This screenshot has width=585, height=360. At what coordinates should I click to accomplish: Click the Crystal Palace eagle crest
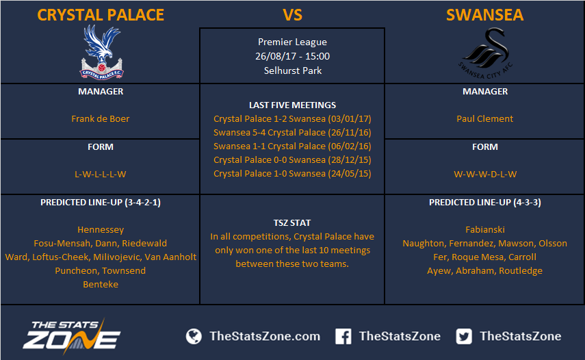point(101,52)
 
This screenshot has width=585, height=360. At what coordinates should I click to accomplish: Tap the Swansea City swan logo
point(485,53)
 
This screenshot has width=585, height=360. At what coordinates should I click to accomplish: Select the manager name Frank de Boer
point(101,118)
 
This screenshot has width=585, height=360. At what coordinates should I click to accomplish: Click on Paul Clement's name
point(484,118)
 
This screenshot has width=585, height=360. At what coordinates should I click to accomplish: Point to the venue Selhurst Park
point(293,70)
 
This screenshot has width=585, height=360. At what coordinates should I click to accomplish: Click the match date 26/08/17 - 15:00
point(293,56)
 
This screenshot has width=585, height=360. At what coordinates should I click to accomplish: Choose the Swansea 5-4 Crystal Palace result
point(292,133)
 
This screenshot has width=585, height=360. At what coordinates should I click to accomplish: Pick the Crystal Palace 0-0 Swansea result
point(292,159)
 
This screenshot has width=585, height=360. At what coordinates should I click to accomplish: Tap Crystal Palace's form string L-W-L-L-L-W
point(101,175)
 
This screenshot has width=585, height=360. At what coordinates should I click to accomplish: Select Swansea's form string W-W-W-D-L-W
point(485,175)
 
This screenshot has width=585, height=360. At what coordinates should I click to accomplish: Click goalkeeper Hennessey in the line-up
point(101,229)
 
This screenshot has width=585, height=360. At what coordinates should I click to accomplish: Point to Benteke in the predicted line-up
point(101,284)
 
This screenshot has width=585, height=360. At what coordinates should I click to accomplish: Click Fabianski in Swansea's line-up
point(485,229)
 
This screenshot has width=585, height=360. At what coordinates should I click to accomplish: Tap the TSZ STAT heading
point(292,222)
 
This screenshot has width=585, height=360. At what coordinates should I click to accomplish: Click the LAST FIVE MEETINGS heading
point(293,105)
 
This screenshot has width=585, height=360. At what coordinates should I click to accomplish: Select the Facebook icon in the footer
point(343,336)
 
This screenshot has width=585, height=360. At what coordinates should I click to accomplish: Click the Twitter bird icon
point(464,336)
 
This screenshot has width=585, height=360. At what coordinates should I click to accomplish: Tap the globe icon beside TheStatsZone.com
point(194,336)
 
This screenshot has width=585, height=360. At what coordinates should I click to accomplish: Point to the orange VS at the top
point(292,15)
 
